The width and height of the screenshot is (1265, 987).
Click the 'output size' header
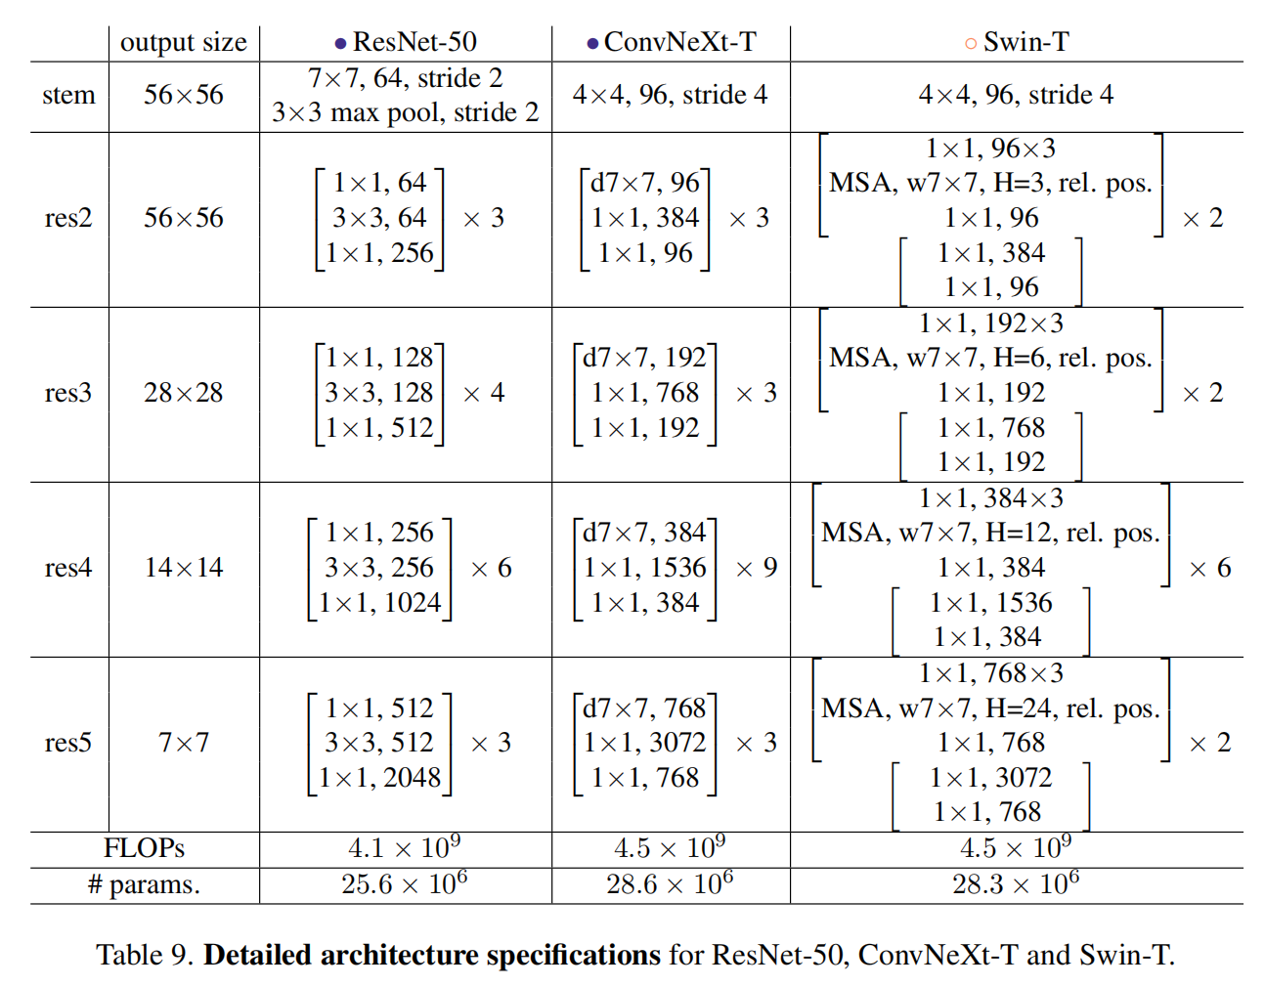pos(184,43)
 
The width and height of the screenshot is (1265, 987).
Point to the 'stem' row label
pos(68,94)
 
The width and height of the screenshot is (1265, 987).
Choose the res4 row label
pos(68,568)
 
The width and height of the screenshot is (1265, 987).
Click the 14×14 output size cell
pos(184,568)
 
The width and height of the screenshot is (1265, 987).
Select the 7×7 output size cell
pos(184,743)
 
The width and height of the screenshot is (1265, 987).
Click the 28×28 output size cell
pos(184,393)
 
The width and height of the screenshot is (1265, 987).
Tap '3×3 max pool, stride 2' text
pos(405,112)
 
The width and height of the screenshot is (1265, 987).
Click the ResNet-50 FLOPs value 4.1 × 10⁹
pos(405,847)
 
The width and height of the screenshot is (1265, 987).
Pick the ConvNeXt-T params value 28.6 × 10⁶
pos(670,883)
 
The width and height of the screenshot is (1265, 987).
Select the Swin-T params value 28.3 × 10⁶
pos(1016,883)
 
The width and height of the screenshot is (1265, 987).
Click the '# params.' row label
pos(144,884)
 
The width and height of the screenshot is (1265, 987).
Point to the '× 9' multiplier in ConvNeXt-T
pos(757,568)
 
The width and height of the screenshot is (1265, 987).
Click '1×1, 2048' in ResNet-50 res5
pos(379,778)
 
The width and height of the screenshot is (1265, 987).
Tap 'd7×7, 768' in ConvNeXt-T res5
pos(644,708)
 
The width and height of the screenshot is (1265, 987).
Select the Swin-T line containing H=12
pos(990,533)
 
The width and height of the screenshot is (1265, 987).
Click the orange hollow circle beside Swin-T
pos(971,44)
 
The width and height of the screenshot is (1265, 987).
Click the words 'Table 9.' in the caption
pos(145,955)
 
